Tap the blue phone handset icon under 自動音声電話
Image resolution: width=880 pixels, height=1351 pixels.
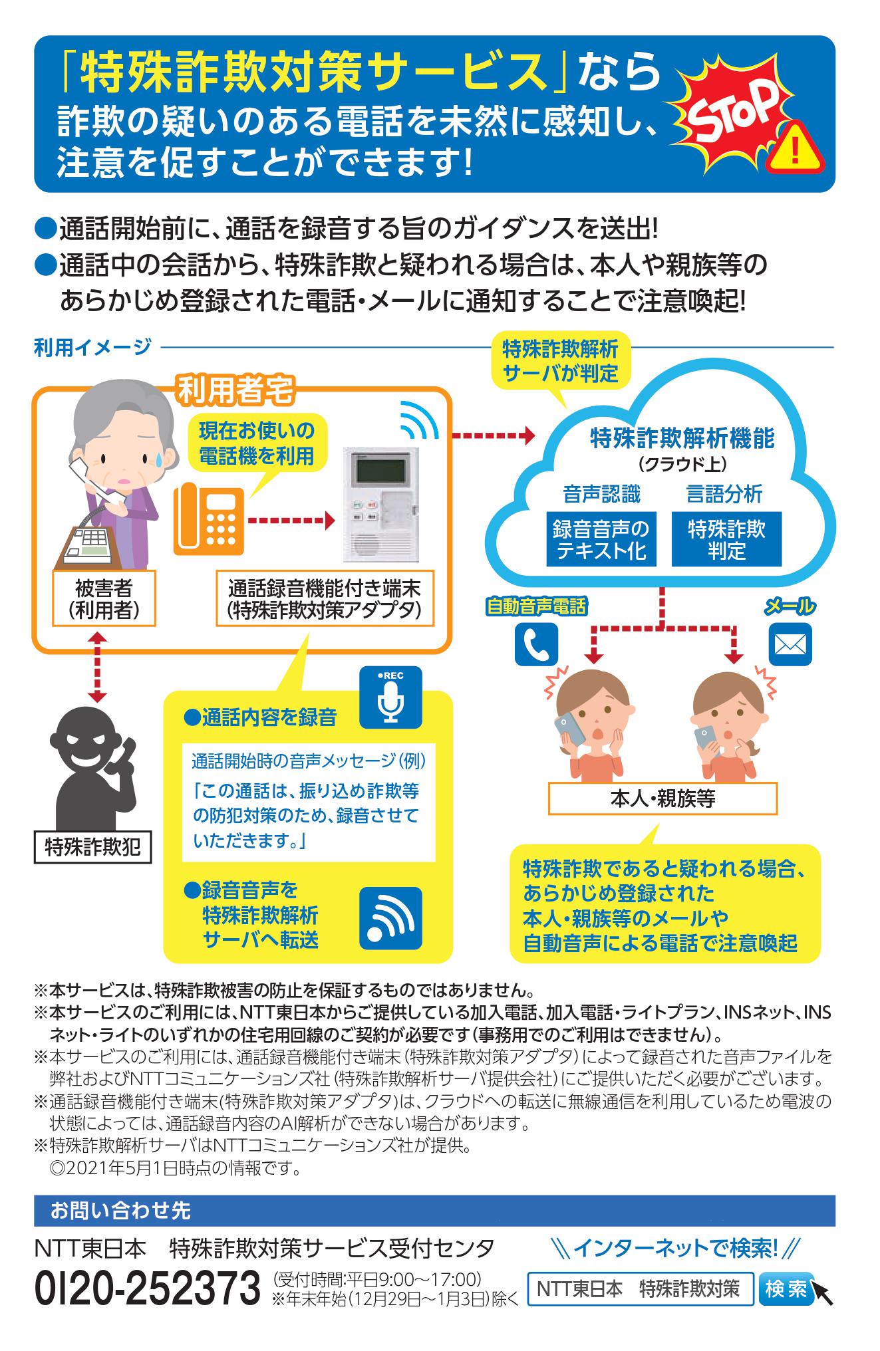point(535,644)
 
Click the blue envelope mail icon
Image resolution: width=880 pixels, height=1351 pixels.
point(790,644)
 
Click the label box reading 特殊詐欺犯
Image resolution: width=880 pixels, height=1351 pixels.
point(92,847)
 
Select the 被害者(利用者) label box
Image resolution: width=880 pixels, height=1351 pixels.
point(104,598)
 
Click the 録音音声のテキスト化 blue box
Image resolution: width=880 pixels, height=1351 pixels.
point(601,540)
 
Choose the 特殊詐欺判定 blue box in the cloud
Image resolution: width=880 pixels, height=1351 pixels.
point(726,540)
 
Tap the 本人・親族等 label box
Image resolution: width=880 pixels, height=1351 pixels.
point(662,798)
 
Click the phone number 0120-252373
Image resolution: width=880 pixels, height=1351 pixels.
point(148,1289)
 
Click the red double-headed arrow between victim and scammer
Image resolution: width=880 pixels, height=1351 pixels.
point(98,666)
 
